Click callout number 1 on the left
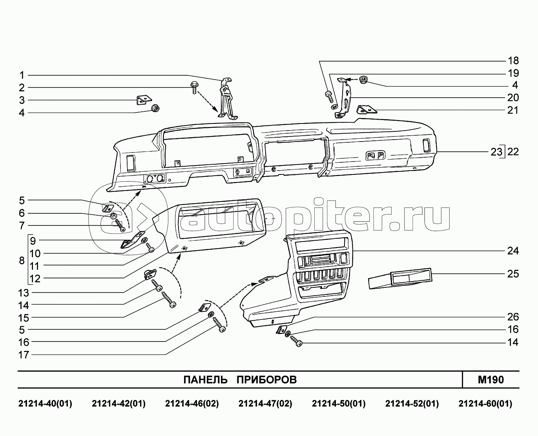[22, 75]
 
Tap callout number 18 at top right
[513, 61]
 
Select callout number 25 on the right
[513, 274]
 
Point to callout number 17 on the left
[24, 355]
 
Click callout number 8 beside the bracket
[22, 260]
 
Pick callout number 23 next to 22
[496, 152]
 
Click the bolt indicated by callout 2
[194, 87]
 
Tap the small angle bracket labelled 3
[144, 100]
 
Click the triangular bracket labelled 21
[367, 109]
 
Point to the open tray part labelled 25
[400, 278]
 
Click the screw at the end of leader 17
[219, 325]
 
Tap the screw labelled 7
[120, 225]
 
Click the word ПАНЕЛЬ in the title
[205, 380]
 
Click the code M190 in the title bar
[491, 380]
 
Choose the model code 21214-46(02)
[192, 404]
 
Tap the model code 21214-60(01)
[485, 404]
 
